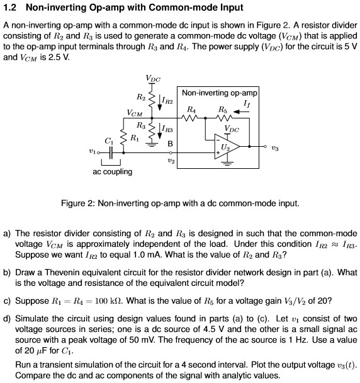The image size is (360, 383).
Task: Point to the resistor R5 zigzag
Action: (225, 116)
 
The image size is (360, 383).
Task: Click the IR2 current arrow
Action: (159, 101)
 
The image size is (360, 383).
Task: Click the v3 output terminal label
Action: (274, 151)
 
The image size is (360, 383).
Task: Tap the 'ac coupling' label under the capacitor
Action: (112, 171)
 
